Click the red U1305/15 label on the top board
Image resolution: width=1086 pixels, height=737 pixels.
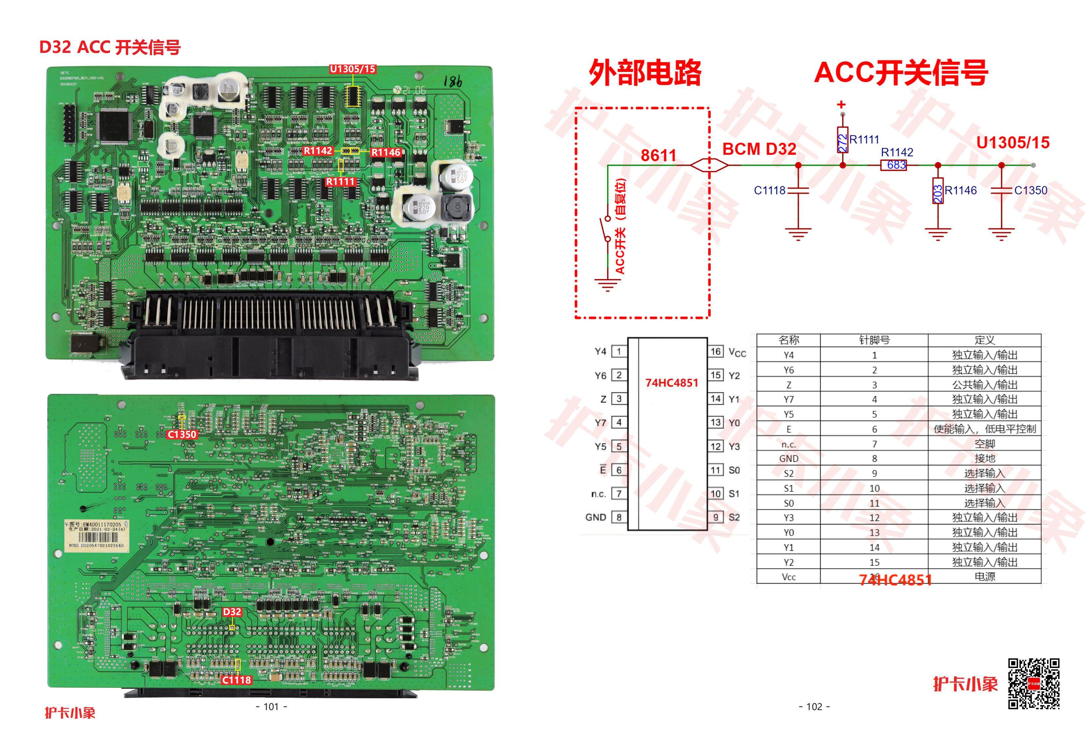[x=352, y=69]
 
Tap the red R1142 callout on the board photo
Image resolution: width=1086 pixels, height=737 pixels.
[x=318, y=150]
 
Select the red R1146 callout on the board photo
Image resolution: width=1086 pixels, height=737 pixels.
[x=386, y=152]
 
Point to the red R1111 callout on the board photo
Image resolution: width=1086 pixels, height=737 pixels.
[x=341, y=181]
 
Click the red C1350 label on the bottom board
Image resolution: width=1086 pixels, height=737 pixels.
[x=182, y=434]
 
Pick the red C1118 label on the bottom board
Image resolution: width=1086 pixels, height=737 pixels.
[x=236, y=680]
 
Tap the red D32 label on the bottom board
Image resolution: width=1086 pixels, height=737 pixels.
[x=232, y=612]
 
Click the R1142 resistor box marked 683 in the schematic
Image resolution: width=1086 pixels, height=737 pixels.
[x=894, y=165]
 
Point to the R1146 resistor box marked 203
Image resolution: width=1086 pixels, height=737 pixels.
[x=937, y=191]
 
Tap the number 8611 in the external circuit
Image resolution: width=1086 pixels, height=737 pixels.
[x=658, y=155]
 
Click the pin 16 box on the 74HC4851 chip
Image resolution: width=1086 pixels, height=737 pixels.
[x=716, y=351]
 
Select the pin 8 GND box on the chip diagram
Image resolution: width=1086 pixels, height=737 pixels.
[x=619, y=517]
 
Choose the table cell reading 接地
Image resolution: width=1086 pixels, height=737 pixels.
[x=984, y=458]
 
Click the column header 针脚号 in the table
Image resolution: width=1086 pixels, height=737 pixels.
[x=874, y=340]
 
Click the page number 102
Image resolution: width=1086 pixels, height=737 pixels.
[x=814, y=707]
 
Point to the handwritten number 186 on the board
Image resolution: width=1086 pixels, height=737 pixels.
[x=452, y=82]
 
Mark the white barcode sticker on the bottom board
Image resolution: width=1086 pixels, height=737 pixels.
[x=96, y=535]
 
